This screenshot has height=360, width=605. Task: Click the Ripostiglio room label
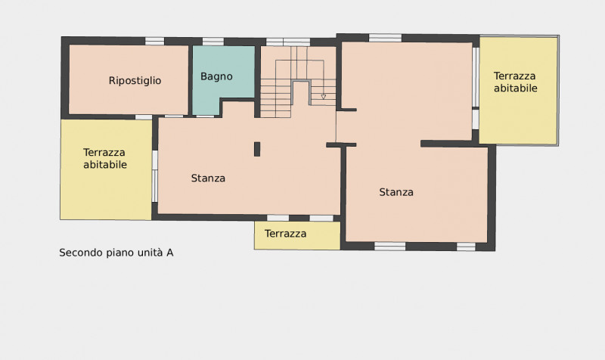(x=135, y=81)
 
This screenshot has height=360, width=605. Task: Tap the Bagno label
(x=216, y=76)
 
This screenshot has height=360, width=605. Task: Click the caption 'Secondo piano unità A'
(x=116, y=253)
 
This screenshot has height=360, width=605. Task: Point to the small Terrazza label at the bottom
(x=286, y=234)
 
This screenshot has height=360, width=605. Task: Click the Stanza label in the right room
(x=396, y=192)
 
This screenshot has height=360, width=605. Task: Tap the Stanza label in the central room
(x=208, y=178)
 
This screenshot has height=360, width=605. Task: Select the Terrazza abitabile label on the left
(x=105, y=159)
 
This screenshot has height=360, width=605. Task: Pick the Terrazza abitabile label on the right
(x=515, y=82)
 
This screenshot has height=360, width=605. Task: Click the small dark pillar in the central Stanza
(x=257, y=149)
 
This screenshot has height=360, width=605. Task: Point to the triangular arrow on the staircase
(x=324, y=97)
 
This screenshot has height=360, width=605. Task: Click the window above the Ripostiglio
(x=155, y=41)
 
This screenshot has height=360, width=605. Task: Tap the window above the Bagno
(x=213, y=42)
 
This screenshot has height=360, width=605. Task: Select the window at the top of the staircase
(x=288, y=42)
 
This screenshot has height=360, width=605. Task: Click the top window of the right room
(x=385, y=38)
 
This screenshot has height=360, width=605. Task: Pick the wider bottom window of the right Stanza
(x=389, y=246)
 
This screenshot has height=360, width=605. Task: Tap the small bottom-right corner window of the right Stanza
(x=466, y=247)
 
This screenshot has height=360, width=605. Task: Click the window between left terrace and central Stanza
(x=155, y=176)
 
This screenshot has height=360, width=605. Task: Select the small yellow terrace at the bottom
(x=297, y=235)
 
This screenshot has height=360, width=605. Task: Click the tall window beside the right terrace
(x=476, y=77)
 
